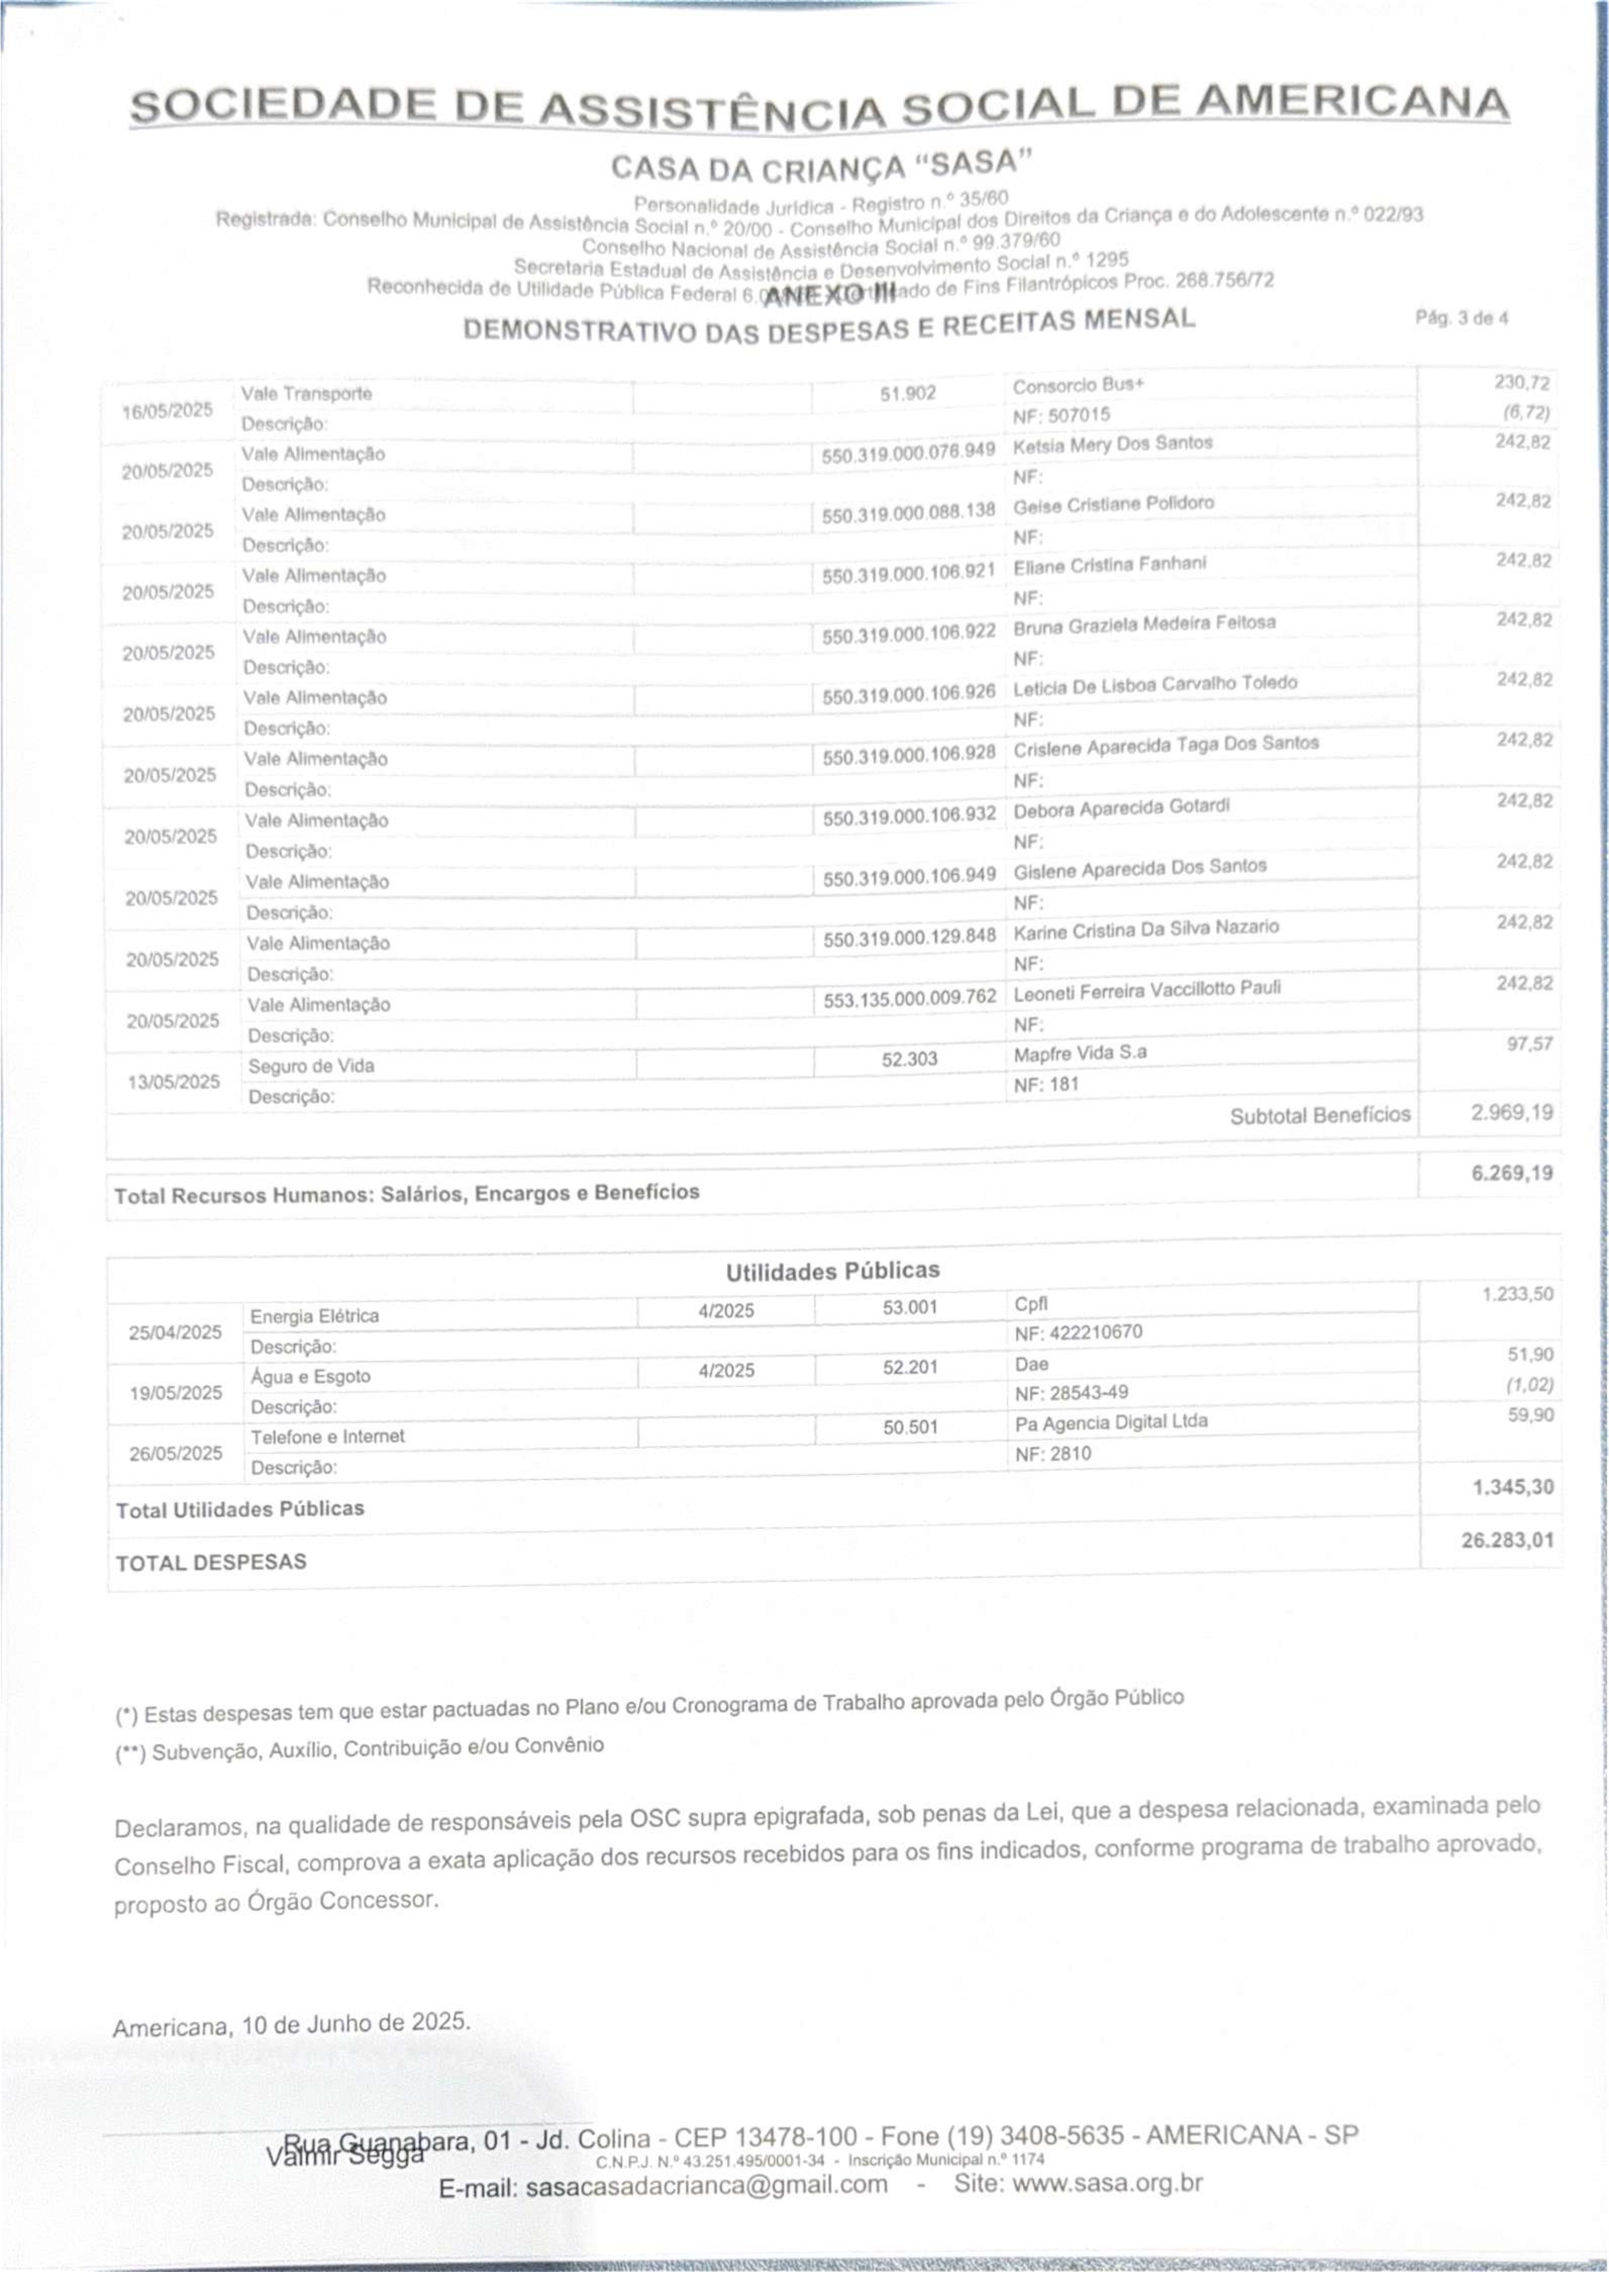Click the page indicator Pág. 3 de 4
point(1461,319)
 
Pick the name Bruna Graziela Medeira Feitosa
point(1143,624)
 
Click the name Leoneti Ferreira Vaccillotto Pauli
point(1146,989)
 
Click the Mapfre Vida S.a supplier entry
point(1080,1053)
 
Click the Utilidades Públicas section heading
point(832,1271)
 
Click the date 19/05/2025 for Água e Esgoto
point(175,1392)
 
